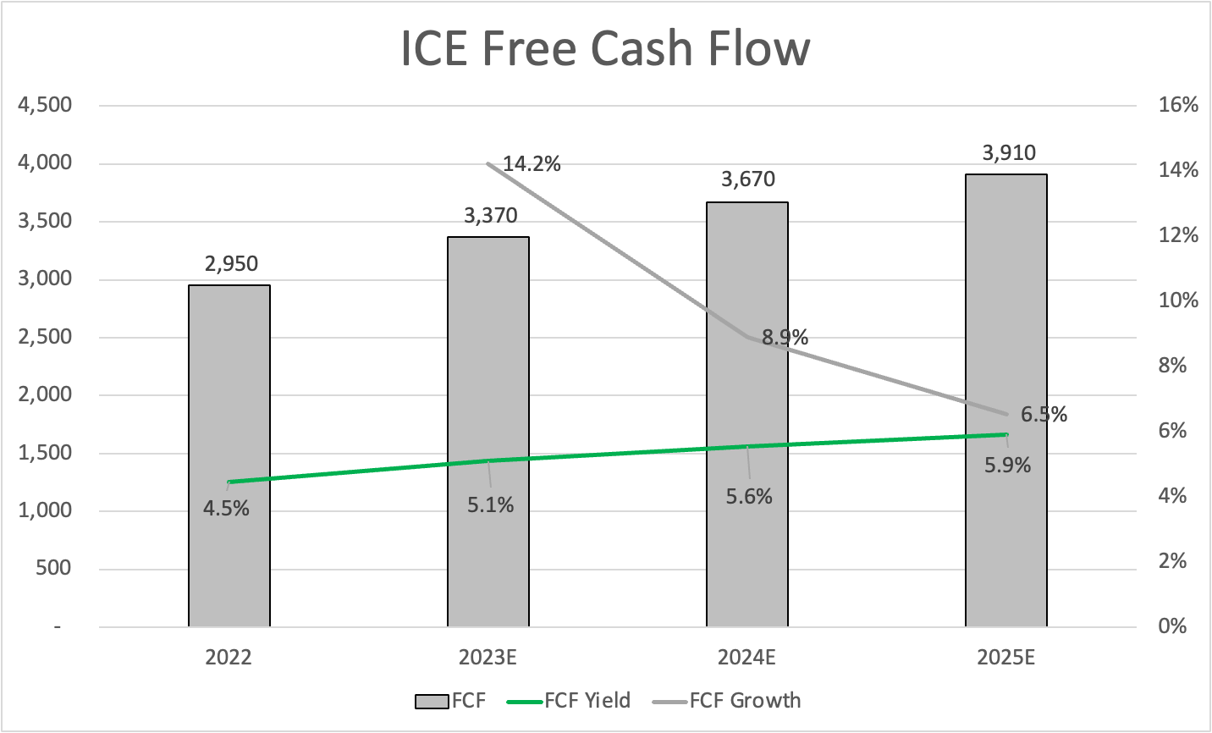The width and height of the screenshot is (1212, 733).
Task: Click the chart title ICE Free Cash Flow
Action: [605, 48]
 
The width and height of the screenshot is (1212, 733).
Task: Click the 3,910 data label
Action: [1009, 153]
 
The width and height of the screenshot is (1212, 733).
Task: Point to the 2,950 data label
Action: [231, 264]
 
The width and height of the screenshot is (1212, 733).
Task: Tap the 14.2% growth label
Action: [532, 164]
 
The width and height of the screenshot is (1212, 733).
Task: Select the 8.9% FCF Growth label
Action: [785, 338]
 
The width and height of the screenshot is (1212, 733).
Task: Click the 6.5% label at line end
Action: [1044, 415]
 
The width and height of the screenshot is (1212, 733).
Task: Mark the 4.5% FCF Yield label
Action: [226, 509]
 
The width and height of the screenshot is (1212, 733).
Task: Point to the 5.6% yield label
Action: [749, 497]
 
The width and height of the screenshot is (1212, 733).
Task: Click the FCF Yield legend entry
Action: [569, 701]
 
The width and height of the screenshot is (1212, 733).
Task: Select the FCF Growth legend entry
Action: [727, 701]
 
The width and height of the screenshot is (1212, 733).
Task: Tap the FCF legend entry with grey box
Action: [450, 701]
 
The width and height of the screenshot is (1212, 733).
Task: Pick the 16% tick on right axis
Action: [1179, 105]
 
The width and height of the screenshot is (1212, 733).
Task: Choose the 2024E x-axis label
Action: [746, 658]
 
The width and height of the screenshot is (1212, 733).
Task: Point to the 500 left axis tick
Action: [53, 568]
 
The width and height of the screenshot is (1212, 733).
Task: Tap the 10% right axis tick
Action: [1179, 300]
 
